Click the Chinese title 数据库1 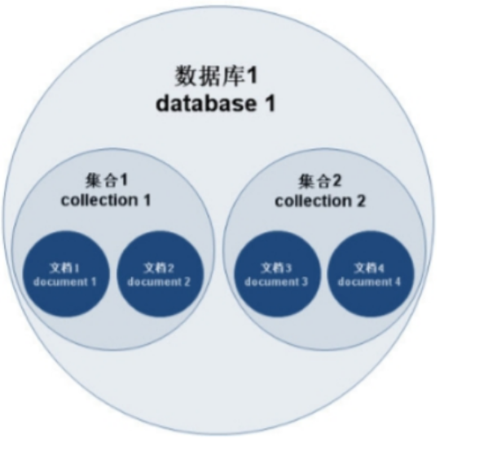point(216,77)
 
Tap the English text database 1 point(216,104)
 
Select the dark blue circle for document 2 point(159,273)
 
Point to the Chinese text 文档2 point(159,268)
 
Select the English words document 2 point(159,282)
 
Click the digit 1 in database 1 point(269,104)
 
